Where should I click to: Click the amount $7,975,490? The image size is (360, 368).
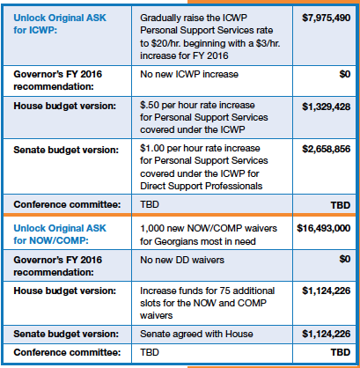327,18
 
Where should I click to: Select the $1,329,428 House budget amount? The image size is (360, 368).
327,107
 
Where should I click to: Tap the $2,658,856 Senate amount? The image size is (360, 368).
327,149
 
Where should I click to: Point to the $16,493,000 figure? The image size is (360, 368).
324,228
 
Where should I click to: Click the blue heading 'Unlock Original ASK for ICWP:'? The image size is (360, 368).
60,24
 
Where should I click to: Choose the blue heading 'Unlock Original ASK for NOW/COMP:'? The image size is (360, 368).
60,234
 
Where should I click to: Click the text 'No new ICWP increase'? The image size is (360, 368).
189,74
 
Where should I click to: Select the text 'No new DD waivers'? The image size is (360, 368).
182,260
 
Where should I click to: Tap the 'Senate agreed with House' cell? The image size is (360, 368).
196,334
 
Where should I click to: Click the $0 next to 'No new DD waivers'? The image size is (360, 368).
345,259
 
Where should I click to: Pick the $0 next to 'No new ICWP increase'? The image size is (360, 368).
345,74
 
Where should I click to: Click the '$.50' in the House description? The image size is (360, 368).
150,105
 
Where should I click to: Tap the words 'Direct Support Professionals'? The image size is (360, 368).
202,186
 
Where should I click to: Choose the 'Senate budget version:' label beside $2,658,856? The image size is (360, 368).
66,150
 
